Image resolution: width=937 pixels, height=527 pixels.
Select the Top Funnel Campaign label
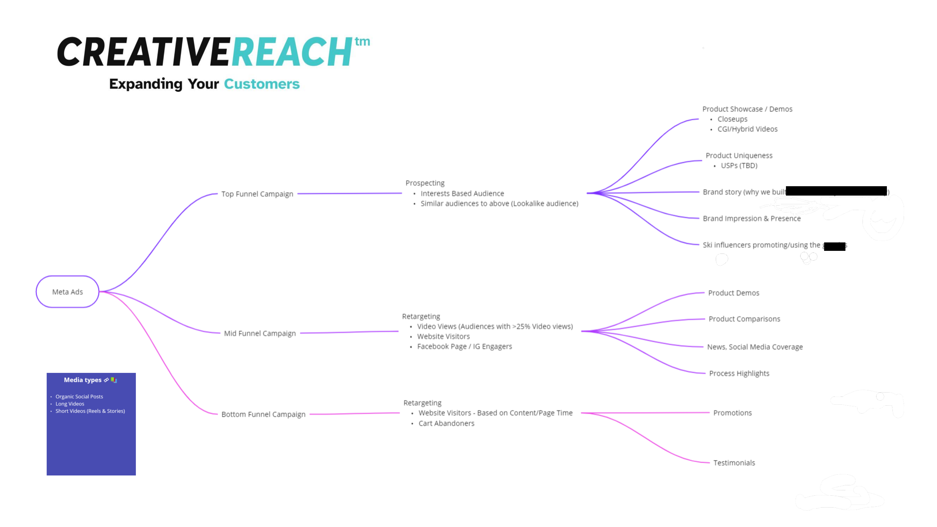[257, 194]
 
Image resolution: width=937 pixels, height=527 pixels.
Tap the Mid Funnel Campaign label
[260, 333]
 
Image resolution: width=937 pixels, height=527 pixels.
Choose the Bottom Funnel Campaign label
[263, 414]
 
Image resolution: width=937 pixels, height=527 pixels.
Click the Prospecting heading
[425, 183]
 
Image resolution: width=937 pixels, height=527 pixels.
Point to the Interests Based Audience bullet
[462, 193]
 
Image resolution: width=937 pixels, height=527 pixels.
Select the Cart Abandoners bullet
[446, 423]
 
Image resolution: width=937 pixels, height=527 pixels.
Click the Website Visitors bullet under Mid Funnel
[443, 336]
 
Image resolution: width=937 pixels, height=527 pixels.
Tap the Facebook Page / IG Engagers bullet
[464, 346]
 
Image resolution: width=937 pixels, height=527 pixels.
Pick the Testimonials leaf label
[734, 463]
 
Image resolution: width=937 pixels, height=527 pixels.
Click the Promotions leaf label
[732, 413]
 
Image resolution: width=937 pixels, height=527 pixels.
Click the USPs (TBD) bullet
[739, 166]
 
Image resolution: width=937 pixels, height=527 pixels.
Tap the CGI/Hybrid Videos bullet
[747, 129]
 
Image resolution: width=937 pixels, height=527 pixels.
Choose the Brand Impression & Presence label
[752, 219]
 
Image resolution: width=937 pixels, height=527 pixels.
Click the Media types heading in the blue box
[83, 380]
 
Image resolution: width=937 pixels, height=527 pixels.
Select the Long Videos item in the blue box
[70, 404]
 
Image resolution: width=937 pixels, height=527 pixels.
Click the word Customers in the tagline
[262, 84]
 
